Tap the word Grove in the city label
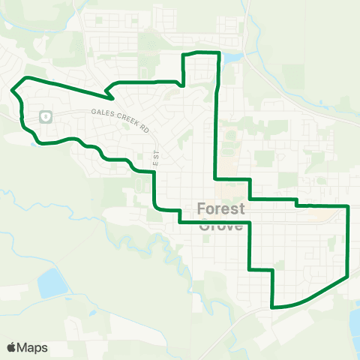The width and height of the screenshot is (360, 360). pyautogui.click(x=222, y=224)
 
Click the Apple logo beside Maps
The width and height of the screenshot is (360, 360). pyautogui.click(x=11, y=347)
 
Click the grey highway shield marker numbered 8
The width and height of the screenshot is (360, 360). pyautogui.click(x=45, y=117)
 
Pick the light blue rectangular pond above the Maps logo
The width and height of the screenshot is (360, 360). pyautogui.click(x=51, y=283)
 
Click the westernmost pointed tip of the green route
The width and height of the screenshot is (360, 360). pyautogui.click(x=13, y=91)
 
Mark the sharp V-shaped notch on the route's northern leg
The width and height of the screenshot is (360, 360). pyautogui.click(x=109, y=97)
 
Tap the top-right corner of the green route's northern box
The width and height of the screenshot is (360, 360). pyautogui.click(x=217, y=52)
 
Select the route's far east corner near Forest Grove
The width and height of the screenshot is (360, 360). pyautogui.click(x=349, y=205)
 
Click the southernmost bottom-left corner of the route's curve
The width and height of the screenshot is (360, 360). pyautogui.click(x=272, y=306)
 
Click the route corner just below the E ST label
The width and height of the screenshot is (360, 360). pyautogui.click(x=154, y=172)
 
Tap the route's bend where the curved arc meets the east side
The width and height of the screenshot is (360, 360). pyautogui.click(x=349, y=276)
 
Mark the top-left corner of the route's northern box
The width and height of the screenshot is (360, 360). pyautogui.click(x=185, y=55)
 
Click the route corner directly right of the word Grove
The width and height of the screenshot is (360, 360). pyautogui.click(x=249, y=223)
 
